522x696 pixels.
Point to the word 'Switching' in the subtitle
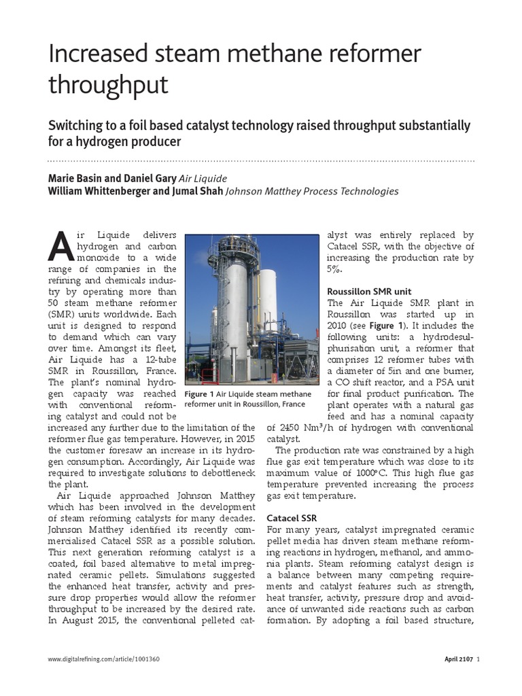coord(76,126)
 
